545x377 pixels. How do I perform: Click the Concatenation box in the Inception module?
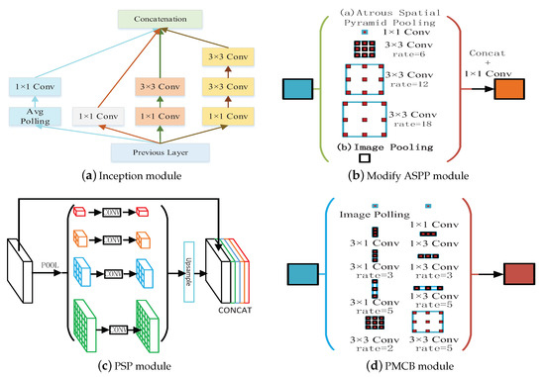(154, 19)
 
